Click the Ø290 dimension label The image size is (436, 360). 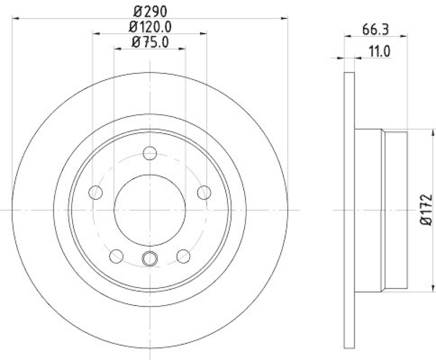coord(149,10)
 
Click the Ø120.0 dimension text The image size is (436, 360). coord(149,26)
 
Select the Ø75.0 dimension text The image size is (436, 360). coord(149,41)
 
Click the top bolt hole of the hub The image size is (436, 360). coord(150,153)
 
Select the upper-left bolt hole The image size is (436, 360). coord(96,192)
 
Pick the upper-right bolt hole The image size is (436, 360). coord(204,192)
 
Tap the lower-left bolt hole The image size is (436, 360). coord(117,256)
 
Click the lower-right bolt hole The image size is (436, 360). coord(183,256)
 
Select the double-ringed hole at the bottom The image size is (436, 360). coord(150,259)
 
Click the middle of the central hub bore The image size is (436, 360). coord(150,210)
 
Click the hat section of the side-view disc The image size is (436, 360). coord(381,210)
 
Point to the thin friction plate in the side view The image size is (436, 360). coord(350,210)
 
